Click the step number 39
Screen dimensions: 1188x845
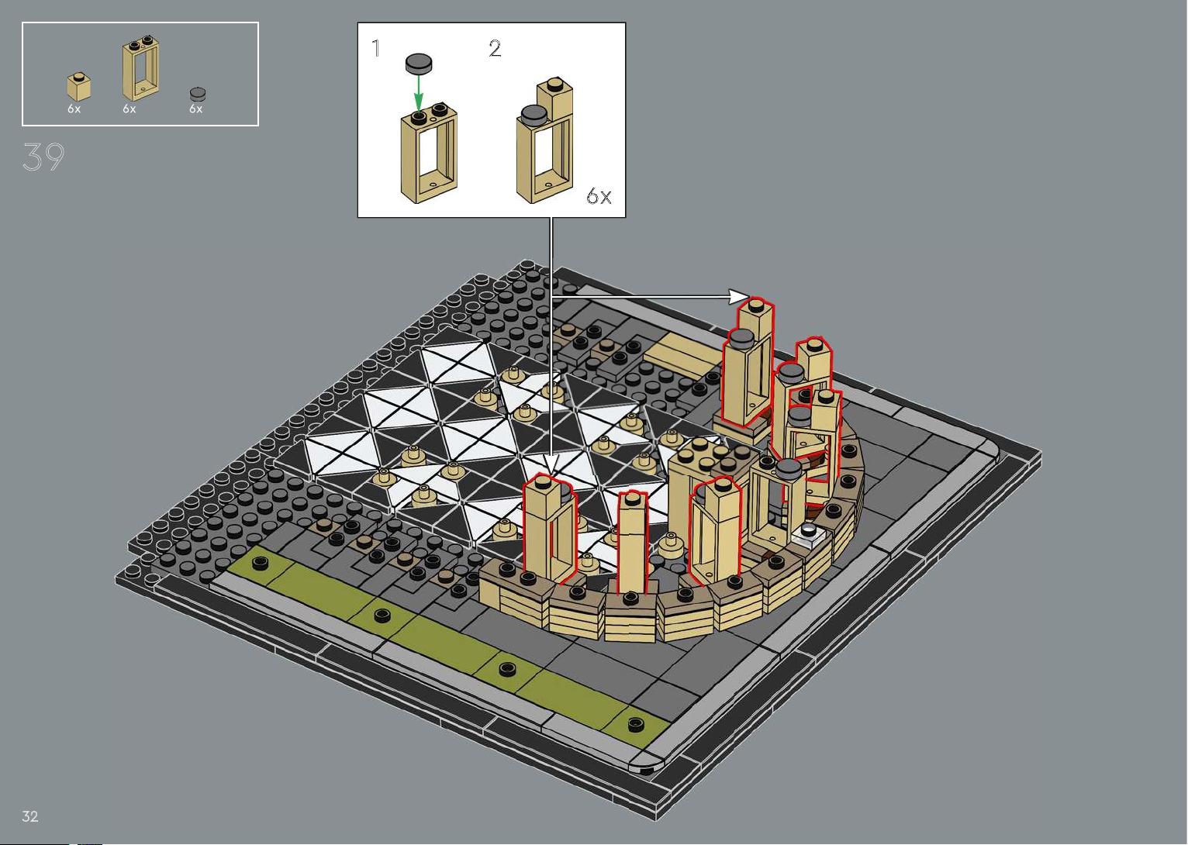(43, 157)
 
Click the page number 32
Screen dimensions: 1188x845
(30, 816)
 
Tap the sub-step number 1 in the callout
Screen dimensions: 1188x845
(376, 48)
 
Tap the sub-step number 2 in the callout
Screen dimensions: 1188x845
(494, 48)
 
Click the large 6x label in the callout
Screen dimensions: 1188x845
(599, 196)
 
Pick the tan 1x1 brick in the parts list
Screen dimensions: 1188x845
(78, 87)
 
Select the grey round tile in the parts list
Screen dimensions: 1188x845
(197, 94)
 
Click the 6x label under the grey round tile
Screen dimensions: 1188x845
(195, 109)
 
